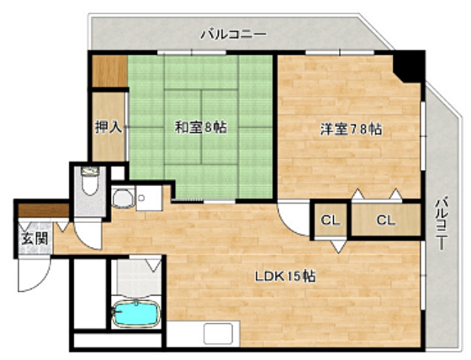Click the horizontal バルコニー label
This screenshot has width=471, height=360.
pos(233,34)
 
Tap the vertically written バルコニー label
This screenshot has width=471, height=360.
pos(442,227)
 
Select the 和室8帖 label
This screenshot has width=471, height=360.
pos(201,128)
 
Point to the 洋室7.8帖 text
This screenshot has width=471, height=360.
pos(350,130)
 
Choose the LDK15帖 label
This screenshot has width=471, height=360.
pos(286,277)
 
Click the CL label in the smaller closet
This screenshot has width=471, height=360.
pos(329,221)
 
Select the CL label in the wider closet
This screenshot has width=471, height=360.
pos(385,221)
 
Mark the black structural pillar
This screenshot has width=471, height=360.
pos(410,66)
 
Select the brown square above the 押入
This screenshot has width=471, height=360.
pos(108,71)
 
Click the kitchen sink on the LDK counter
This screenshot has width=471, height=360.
pos(218,334)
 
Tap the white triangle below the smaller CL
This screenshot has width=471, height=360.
pos(337,246)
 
